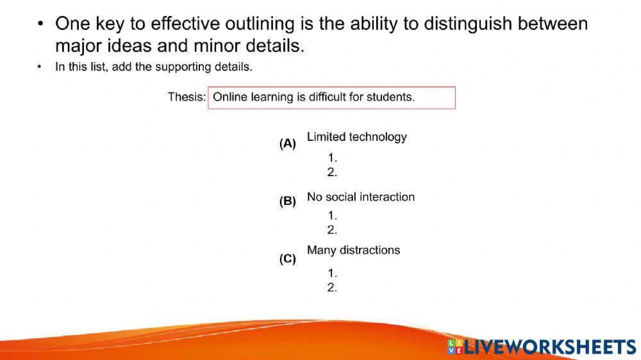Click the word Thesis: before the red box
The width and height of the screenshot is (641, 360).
[x=187, y=97]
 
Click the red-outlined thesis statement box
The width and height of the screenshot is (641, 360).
[x=331, y=97]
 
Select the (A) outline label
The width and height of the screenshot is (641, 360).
[x=288, y=143]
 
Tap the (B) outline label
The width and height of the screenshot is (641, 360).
[x=288, y=201]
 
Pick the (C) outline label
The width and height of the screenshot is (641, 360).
[x=288, y=259]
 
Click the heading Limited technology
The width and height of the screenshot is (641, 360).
[x=357, y=137]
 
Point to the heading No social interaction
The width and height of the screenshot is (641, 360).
[x=361, y=197]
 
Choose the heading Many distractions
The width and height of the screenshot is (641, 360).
[x=353, y=250]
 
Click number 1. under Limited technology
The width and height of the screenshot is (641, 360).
[x=332, y=158]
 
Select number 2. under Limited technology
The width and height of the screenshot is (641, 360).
[x=332, y=172]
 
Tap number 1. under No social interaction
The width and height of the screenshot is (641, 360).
[x=332, y=216]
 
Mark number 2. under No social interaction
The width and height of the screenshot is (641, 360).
[x=332, y=230]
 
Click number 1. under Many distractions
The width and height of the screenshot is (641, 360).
[x=332, y=274]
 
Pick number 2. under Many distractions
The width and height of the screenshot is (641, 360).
[x=332, y=288]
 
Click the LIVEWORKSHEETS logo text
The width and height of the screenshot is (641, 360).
[x=550, y=347]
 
